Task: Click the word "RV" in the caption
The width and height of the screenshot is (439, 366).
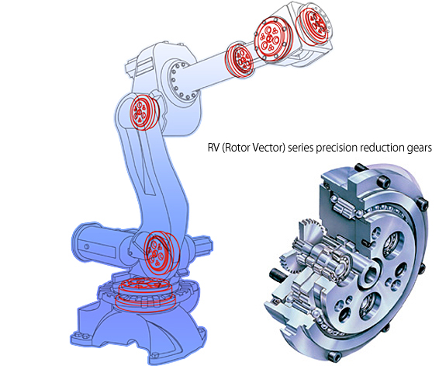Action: coord(213,148)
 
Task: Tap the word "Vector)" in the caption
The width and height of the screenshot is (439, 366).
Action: coord(268,148)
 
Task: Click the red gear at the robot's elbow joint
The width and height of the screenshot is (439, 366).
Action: coord(143,112)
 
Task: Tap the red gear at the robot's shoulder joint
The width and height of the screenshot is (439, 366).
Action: coord(160,253)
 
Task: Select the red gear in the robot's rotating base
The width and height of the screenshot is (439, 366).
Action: coord(143,294)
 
